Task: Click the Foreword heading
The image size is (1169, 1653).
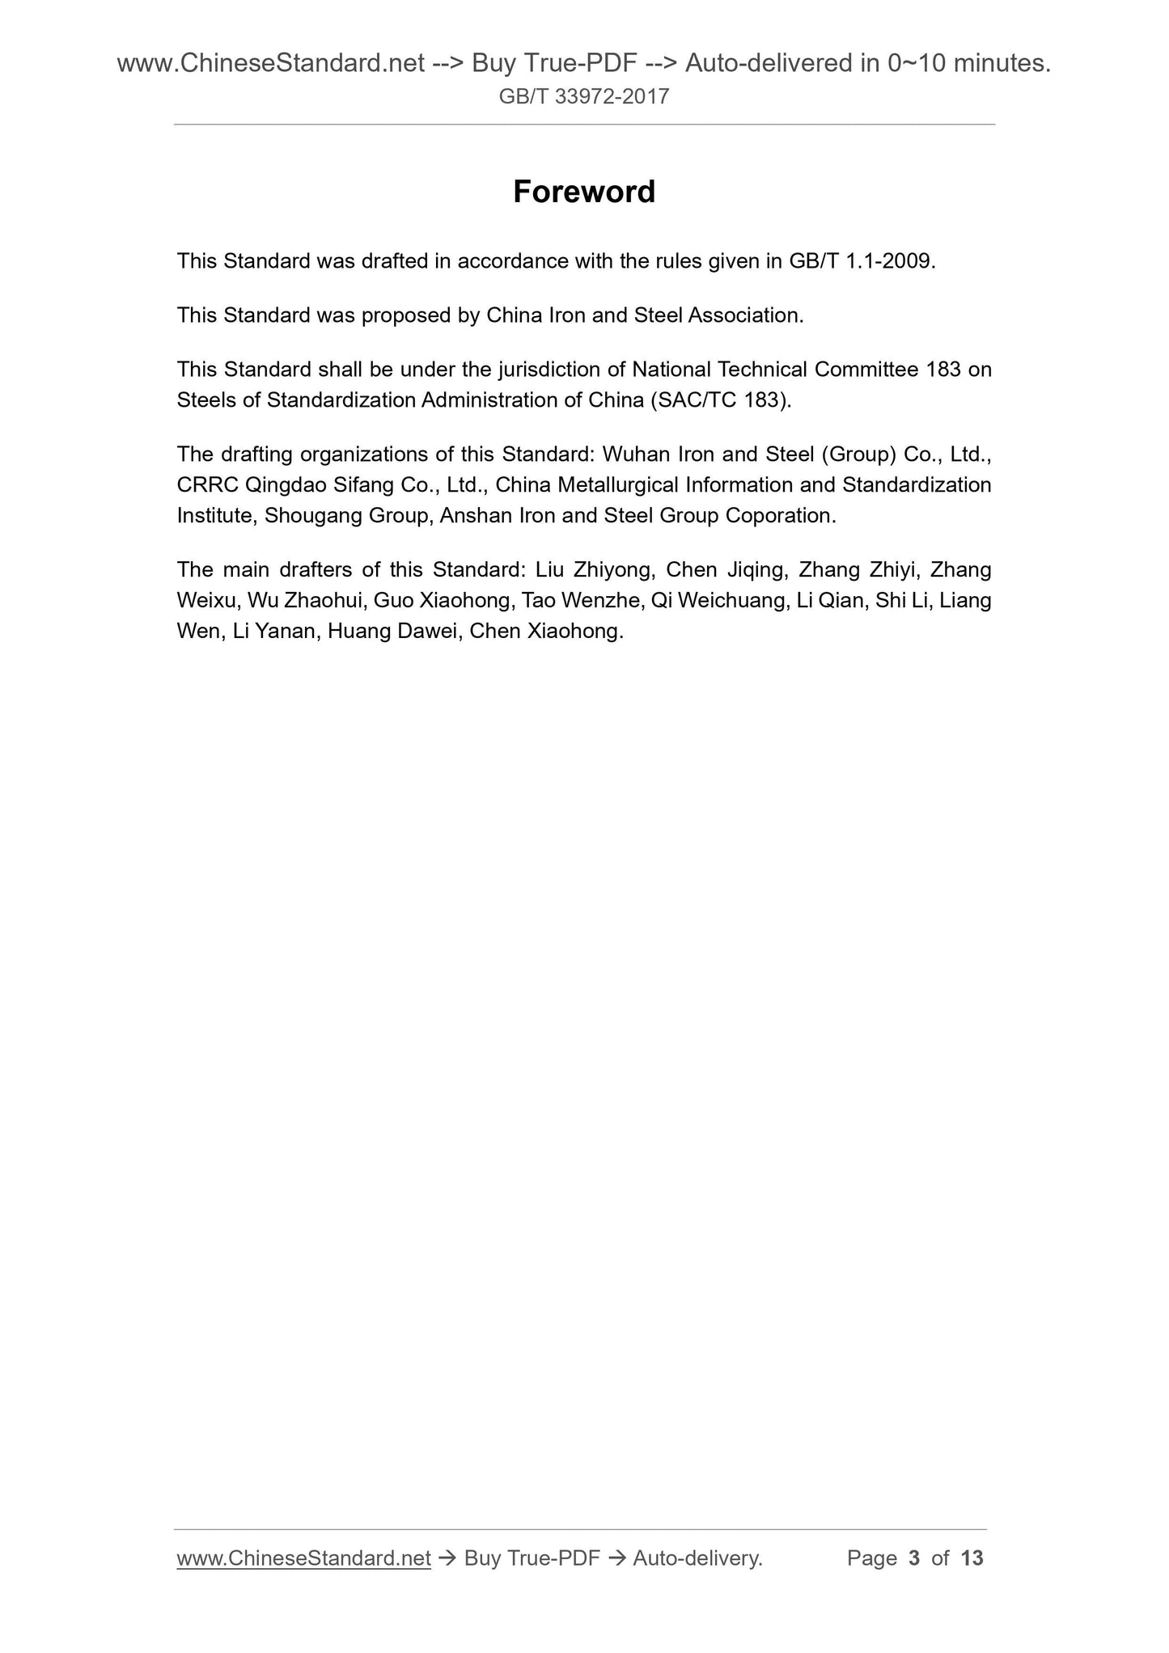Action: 584,192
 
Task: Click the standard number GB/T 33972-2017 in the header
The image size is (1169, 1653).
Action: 584,97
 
